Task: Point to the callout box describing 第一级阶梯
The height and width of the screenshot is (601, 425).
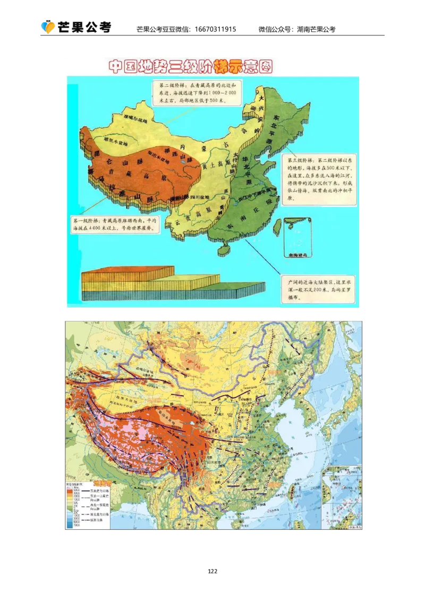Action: [116, 224]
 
